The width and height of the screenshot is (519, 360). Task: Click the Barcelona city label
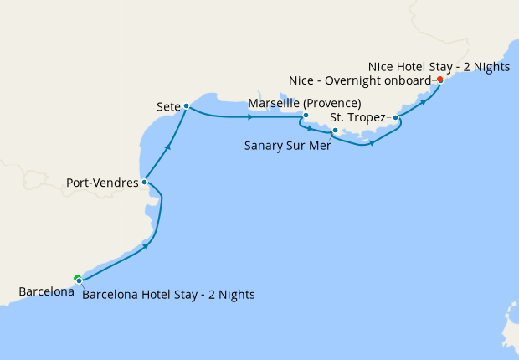click(x=46, y=292)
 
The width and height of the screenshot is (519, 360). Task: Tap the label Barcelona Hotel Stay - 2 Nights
click(x=169, y=295)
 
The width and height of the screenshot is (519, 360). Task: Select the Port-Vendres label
click(x=102, y=180)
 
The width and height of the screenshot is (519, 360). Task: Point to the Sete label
click(x=168, y=107)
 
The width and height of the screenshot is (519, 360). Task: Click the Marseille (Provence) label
click(x=305, y=103)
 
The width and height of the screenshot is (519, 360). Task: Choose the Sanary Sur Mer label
click(x=287, y=145)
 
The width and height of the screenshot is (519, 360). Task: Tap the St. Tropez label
click(x=357, y=117)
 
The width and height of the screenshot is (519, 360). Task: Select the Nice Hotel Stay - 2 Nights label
click(x=439, y=66)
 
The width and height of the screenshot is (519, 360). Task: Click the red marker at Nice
click(x=439, y=80)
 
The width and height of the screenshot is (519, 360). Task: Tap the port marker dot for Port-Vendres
click(x=145, y=181)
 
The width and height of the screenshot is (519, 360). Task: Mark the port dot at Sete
click(x=186, y=106)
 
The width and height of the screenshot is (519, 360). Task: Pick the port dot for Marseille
click(x=306, y=116)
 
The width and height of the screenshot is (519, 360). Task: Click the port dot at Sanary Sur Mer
click(x=334, y=131)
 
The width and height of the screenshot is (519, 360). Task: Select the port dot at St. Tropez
click(x=395, y=118)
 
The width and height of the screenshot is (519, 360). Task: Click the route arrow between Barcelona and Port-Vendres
click(x=146, y=245)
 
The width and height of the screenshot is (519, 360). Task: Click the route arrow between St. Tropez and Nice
click(x=424, y=101)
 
